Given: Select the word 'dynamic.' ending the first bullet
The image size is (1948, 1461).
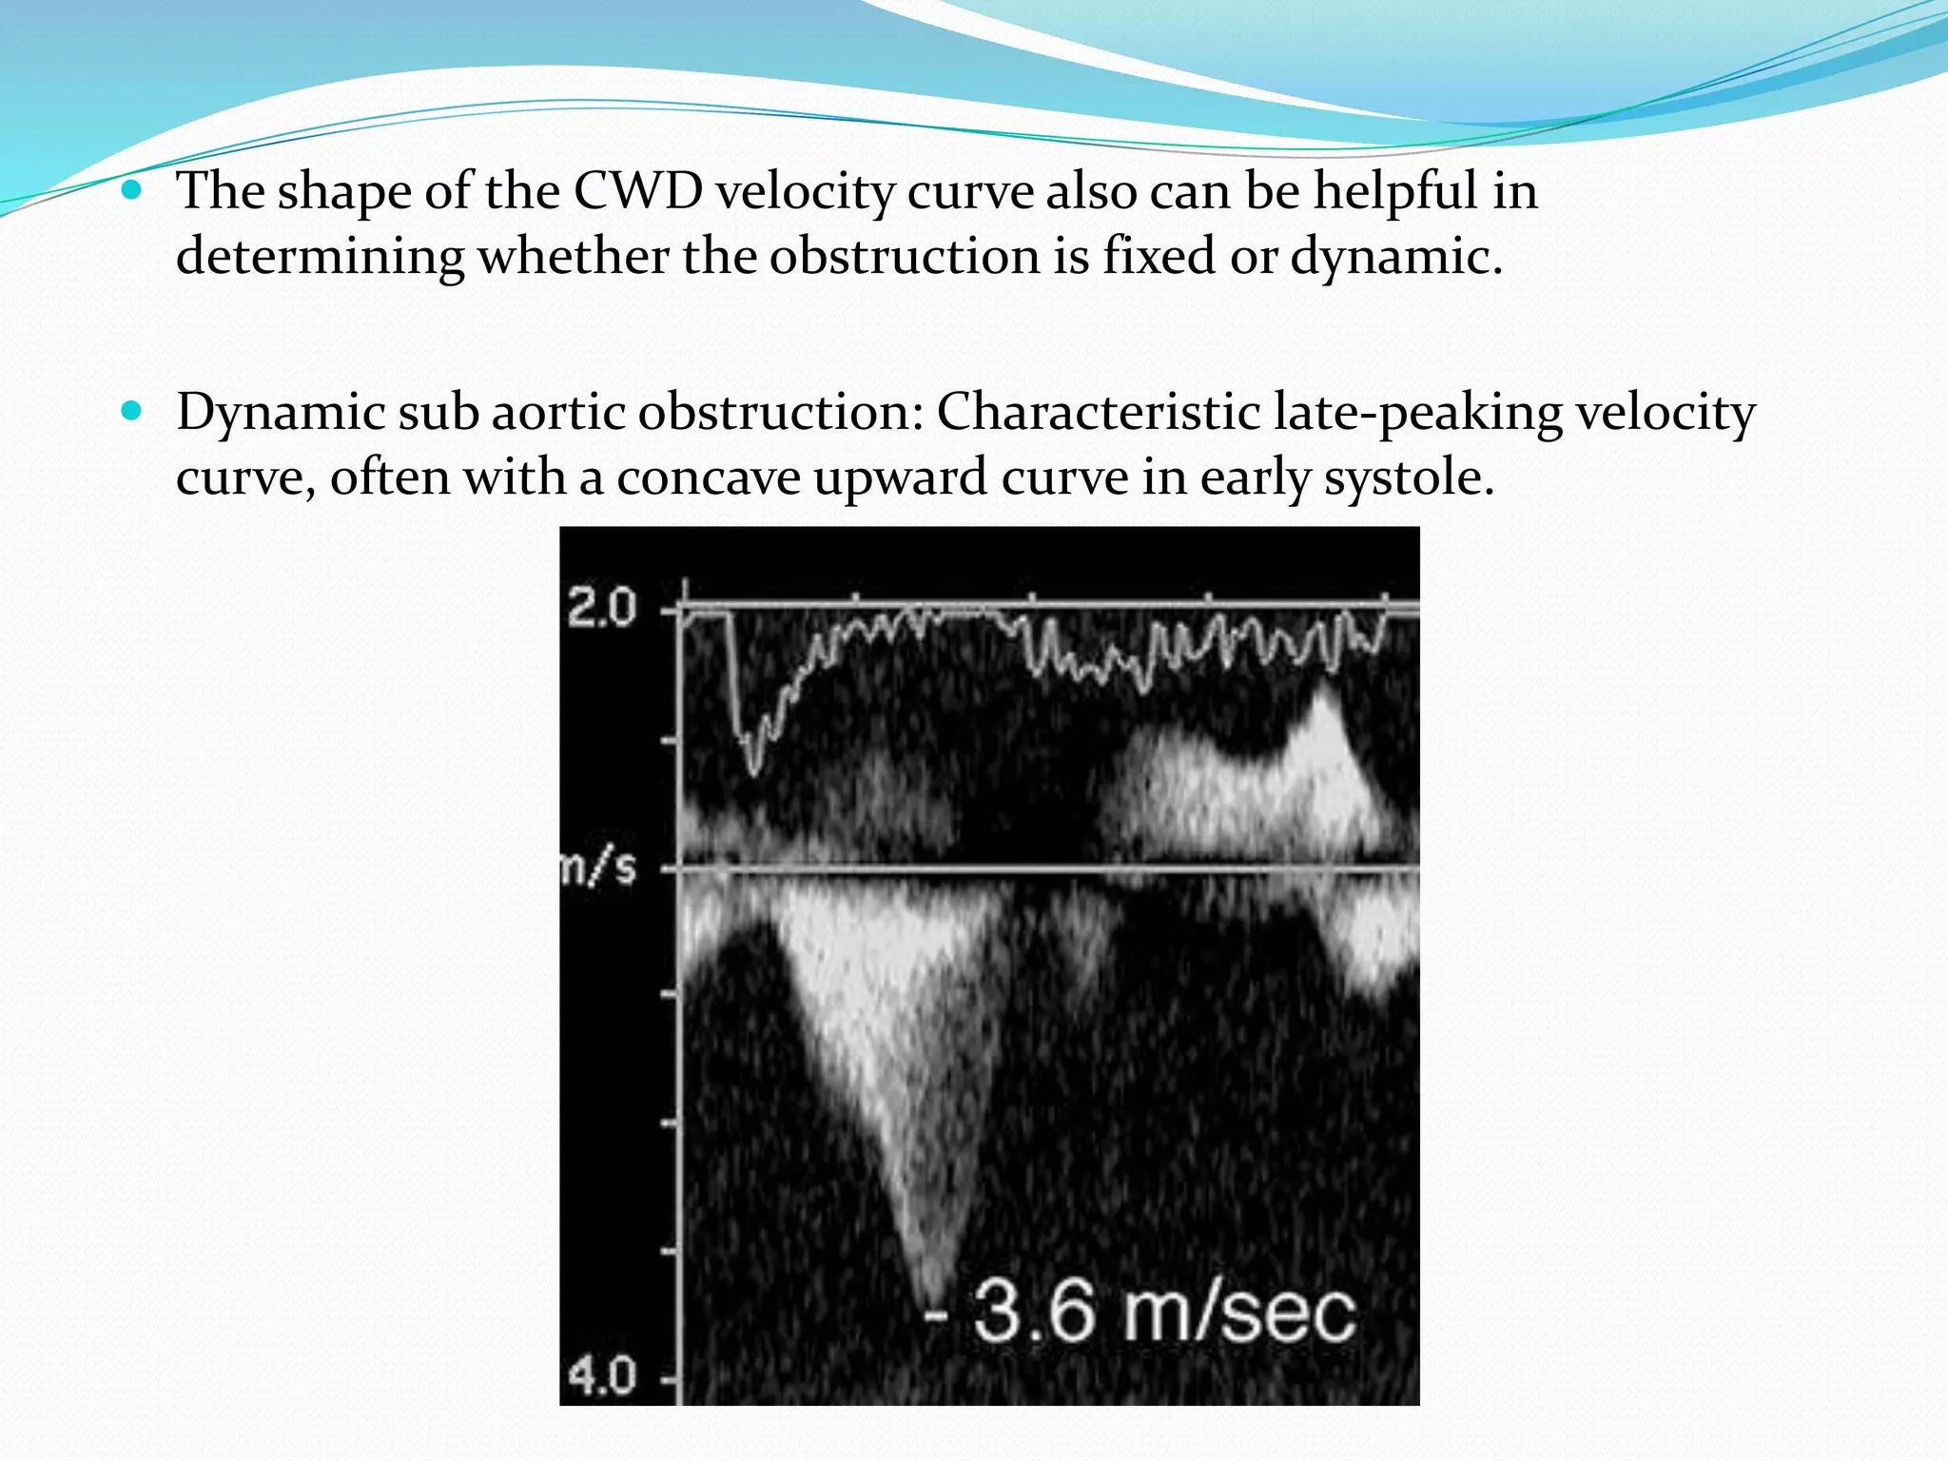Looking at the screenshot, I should tap(1396, 257).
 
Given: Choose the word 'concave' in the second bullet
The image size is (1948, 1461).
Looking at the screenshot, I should tap(709, 477).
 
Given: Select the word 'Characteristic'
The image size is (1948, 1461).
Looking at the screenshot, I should tap(1098, 413).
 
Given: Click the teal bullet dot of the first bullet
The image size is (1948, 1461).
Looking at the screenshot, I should tap(132, 190).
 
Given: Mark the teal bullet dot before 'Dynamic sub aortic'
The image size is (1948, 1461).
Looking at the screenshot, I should tap(132, 411).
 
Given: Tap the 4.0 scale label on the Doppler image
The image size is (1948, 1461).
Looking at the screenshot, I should tap(602, 1375).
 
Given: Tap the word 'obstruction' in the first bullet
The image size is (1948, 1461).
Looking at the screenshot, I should tap(905, 257).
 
